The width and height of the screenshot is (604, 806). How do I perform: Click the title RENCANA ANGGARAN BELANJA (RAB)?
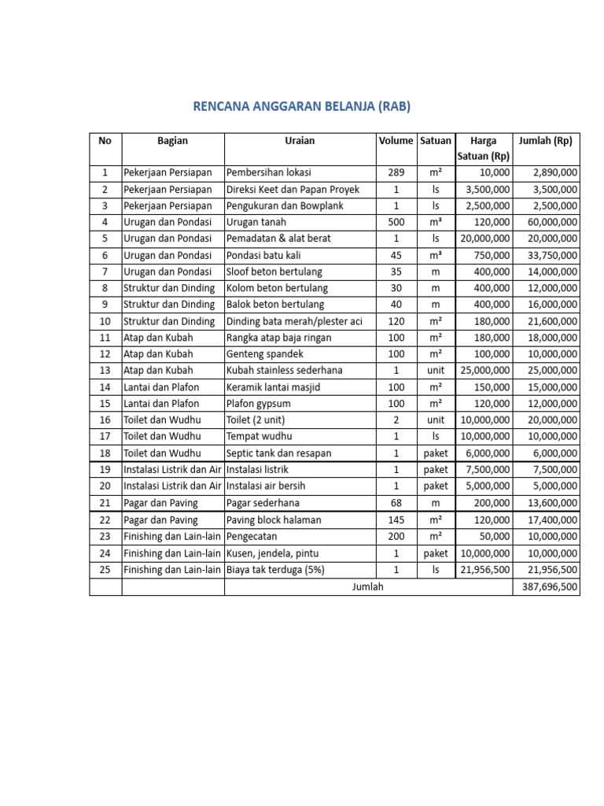pyautogui.click(x=302, y=106)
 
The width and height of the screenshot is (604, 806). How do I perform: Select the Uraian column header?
pyautogui.click(x=300, y=141)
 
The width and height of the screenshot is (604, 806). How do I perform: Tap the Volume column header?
pyautogui.click(x=396, y=141)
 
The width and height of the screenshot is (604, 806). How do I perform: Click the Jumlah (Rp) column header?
pyautogui.click(x=546, y=141)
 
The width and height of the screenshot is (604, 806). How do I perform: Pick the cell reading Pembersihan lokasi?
pyautogui.click(x=267, y=172)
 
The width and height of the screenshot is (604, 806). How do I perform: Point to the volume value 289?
pyautogui.click(x=396, y=172)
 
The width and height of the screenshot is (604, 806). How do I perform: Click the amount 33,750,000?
pyautogui.click(x=550, y=255)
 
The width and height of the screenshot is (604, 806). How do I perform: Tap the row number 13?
pyautogui.click(x=105, y=371)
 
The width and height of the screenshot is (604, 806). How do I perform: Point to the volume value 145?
pyautogui.click(x=396, y=520)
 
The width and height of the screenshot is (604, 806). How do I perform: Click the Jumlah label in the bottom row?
pyautogui.click(x=369, y=586)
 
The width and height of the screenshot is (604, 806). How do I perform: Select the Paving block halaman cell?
pyautogui.click(x=273, y=520)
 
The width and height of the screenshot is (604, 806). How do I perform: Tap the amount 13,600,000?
pyautogui.click(x=550, y=503)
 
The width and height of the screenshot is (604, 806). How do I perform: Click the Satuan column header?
pyautogui.click(x=435, y=141)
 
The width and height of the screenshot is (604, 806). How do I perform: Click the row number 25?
pyautogui.click(x=105, y=570)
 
